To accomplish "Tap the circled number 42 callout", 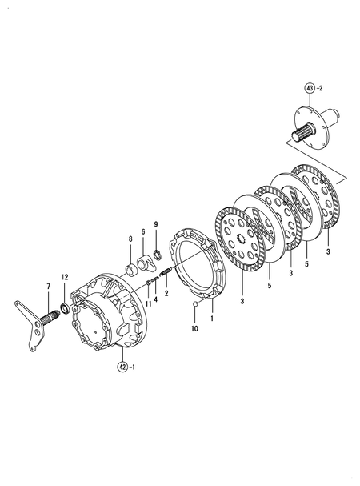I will click(x=122, y=368).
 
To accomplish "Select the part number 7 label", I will click(x=48, y=287).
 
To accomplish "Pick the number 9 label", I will click(x=144, y=231).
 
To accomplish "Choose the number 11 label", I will click(x=148, y=304).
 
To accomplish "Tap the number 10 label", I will click(x=194, y=328).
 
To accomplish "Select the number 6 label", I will click(x=144, y=231).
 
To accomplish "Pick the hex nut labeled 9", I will click(x=158, y=255).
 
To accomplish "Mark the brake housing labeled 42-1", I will click(x=108, y=312).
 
